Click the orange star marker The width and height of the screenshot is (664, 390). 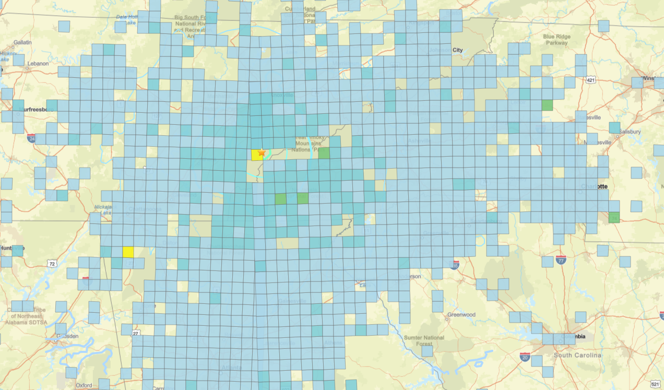coord(262,152)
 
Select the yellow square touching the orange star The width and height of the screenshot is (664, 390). coord(256,155)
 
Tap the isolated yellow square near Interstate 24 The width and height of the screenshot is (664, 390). coord(128,252)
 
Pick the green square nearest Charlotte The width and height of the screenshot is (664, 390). coord(614,218)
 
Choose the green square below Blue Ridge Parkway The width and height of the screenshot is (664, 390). coord(547,105)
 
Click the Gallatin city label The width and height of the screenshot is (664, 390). coord(22,42)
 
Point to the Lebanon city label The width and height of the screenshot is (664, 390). coord(39,64)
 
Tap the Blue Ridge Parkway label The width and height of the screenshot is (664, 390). coord(556,40)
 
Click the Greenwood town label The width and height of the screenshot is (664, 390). coord(461,315)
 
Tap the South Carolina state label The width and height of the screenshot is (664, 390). coord(577,355)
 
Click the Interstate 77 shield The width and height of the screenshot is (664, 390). coord(561,259)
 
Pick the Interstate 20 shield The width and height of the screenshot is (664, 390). coord(525,357)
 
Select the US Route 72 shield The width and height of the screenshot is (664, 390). coord(52,264)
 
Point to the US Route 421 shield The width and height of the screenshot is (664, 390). coord(590,80)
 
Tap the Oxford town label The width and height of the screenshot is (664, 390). coord(84,385)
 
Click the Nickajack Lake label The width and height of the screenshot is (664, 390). coord(103,209)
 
